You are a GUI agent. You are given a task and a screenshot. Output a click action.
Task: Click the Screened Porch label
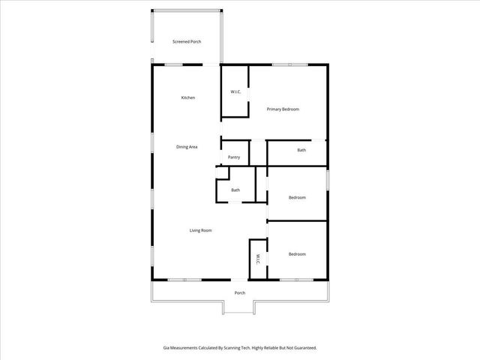pos(187,41)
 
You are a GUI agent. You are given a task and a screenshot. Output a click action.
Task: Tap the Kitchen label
pos(188,98)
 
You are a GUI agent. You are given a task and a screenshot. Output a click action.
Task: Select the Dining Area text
pos(187,146)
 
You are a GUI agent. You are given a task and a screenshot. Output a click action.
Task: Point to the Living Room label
pos(200,230)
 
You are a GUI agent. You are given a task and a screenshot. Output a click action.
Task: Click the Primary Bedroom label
pos(283,109)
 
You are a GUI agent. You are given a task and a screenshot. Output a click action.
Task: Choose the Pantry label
pos(234,157)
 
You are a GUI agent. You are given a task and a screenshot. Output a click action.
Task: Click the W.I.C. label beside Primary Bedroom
pos(235,92)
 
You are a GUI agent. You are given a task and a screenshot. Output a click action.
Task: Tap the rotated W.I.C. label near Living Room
pos(257,259)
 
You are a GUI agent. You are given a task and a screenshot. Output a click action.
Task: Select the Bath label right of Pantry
pos(301,150)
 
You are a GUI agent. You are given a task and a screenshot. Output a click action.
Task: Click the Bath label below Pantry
pos(235,190)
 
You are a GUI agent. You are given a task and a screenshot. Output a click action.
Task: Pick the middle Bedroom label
pos(297,197)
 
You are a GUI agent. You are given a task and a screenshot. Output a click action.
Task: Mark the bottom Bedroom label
pos(297,254)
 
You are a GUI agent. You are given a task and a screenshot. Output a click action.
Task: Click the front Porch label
pos(240,292)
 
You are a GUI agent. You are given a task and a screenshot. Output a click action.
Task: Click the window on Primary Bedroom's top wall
pos(283,65)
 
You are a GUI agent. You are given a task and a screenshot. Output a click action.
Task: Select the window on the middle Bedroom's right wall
pos(328,180)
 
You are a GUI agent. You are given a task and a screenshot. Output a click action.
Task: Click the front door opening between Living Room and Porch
pos(240,280)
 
